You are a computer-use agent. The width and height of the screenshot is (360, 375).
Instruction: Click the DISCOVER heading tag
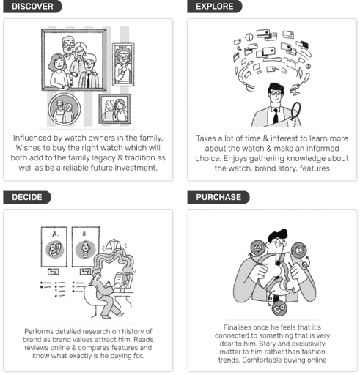(x=32, y=7)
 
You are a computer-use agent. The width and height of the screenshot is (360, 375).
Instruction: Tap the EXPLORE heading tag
(x=215, y=7)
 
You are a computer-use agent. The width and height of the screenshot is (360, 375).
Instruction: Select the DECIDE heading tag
(x=27, y=197)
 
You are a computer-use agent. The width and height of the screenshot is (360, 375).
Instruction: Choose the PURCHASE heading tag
(x=218, y=197)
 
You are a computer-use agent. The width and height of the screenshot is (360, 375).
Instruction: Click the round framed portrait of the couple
(x=65, y=110)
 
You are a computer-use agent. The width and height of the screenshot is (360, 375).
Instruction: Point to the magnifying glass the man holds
(x=295, y=111)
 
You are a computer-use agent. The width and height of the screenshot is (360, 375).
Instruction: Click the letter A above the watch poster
(x=55, y=234)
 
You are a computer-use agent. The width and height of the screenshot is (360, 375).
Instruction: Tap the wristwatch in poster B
(x=86, y=249)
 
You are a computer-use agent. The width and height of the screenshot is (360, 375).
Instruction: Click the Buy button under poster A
(x=54, y=272)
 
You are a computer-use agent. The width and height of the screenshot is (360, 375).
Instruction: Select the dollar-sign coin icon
(x=299, y=250)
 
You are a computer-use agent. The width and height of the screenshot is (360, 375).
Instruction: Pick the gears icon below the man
(x=279, y=308)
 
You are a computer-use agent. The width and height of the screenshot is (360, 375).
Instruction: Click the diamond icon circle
(x=258, y=248)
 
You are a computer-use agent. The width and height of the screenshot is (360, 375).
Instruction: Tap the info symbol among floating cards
(x=249, y=37)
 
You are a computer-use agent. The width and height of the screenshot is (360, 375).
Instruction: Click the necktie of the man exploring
(x=276, y=116)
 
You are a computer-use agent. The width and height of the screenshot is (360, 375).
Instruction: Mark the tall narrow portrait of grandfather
(x=123, y=64)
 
